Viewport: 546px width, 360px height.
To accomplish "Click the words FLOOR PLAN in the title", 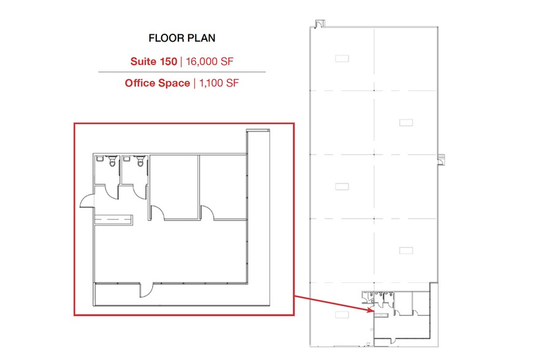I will click(x=182, y=38).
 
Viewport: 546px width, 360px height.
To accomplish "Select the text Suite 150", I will click(x=153, y=61).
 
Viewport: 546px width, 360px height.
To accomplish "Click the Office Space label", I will click(x=157, y=83).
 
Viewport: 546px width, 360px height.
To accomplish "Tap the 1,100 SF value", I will click(x=216, y=83).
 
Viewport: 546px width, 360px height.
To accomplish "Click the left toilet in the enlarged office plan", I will click(x=112, y=162).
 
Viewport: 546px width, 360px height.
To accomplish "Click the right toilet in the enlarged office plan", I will click(x=140, y=162).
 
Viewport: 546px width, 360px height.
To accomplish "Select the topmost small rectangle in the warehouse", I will click(x=342, y=58).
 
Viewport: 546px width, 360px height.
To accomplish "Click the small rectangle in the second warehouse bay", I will click(x=406, y=122).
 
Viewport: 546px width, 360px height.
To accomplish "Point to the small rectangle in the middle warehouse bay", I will click(x=342, y=186).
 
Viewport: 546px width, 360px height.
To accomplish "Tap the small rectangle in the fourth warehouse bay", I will click(x=406, y=250).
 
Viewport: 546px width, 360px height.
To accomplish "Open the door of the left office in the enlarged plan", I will click(x=159, y=212).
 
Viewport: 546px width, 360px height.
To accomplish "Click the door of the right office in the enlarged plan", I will click(x=208, y=212).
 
